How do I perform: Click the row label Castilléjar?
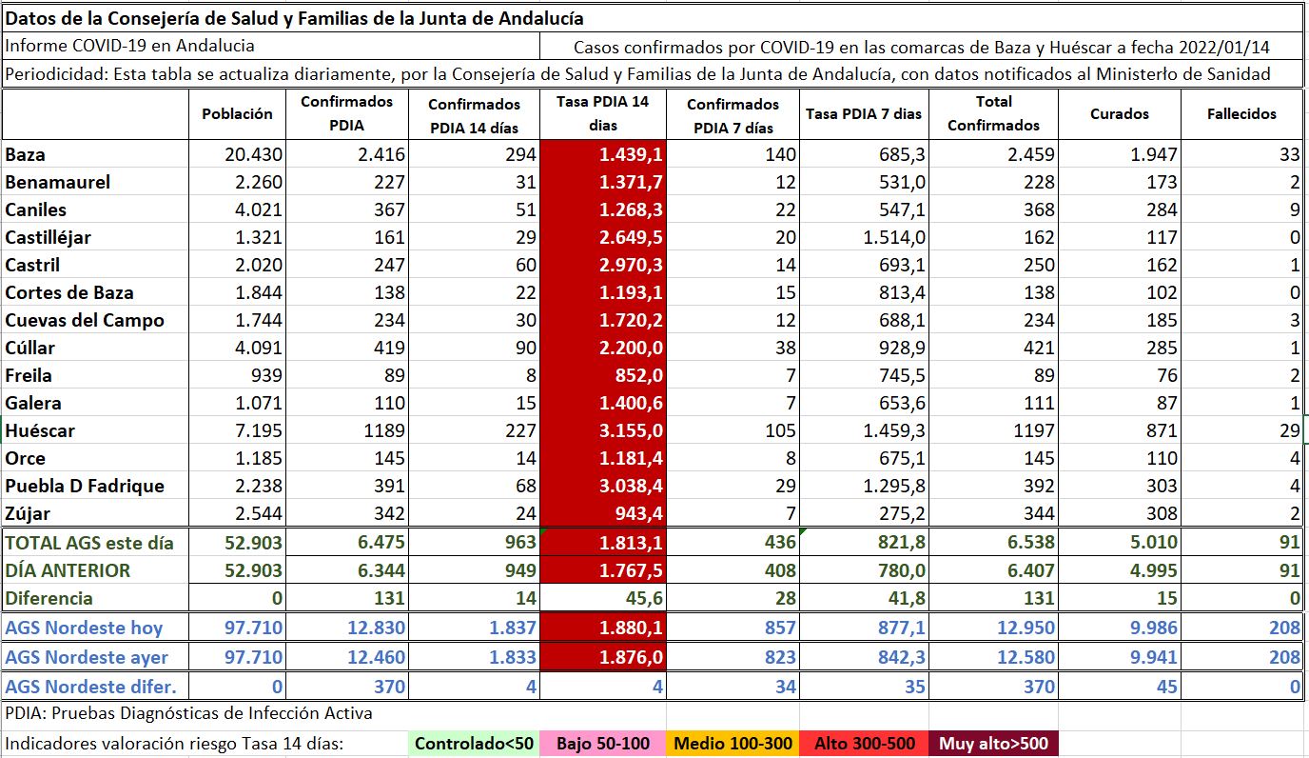[x=49, y=237]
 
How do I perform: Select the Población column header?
[x=237, y=113]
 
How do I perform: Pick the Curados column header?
[x=1119, y=113]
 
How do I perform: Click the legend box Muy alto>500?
[x=993, y=744]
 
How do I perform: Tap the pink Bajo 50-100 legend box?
[x=603, y=744]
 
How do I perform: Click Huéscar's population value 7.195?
[x=253, y=430]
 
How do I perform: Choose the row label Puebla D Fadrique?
[x=85, y=486]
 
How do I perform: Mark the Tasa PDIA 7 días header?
[x=863, y=113]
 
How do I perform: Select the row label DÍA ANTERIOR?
[x=68, y=570]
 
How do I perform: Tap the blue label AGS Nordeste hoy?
[x=84, y=628]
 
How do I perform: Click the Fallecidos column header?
[x=1241, y=113]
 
